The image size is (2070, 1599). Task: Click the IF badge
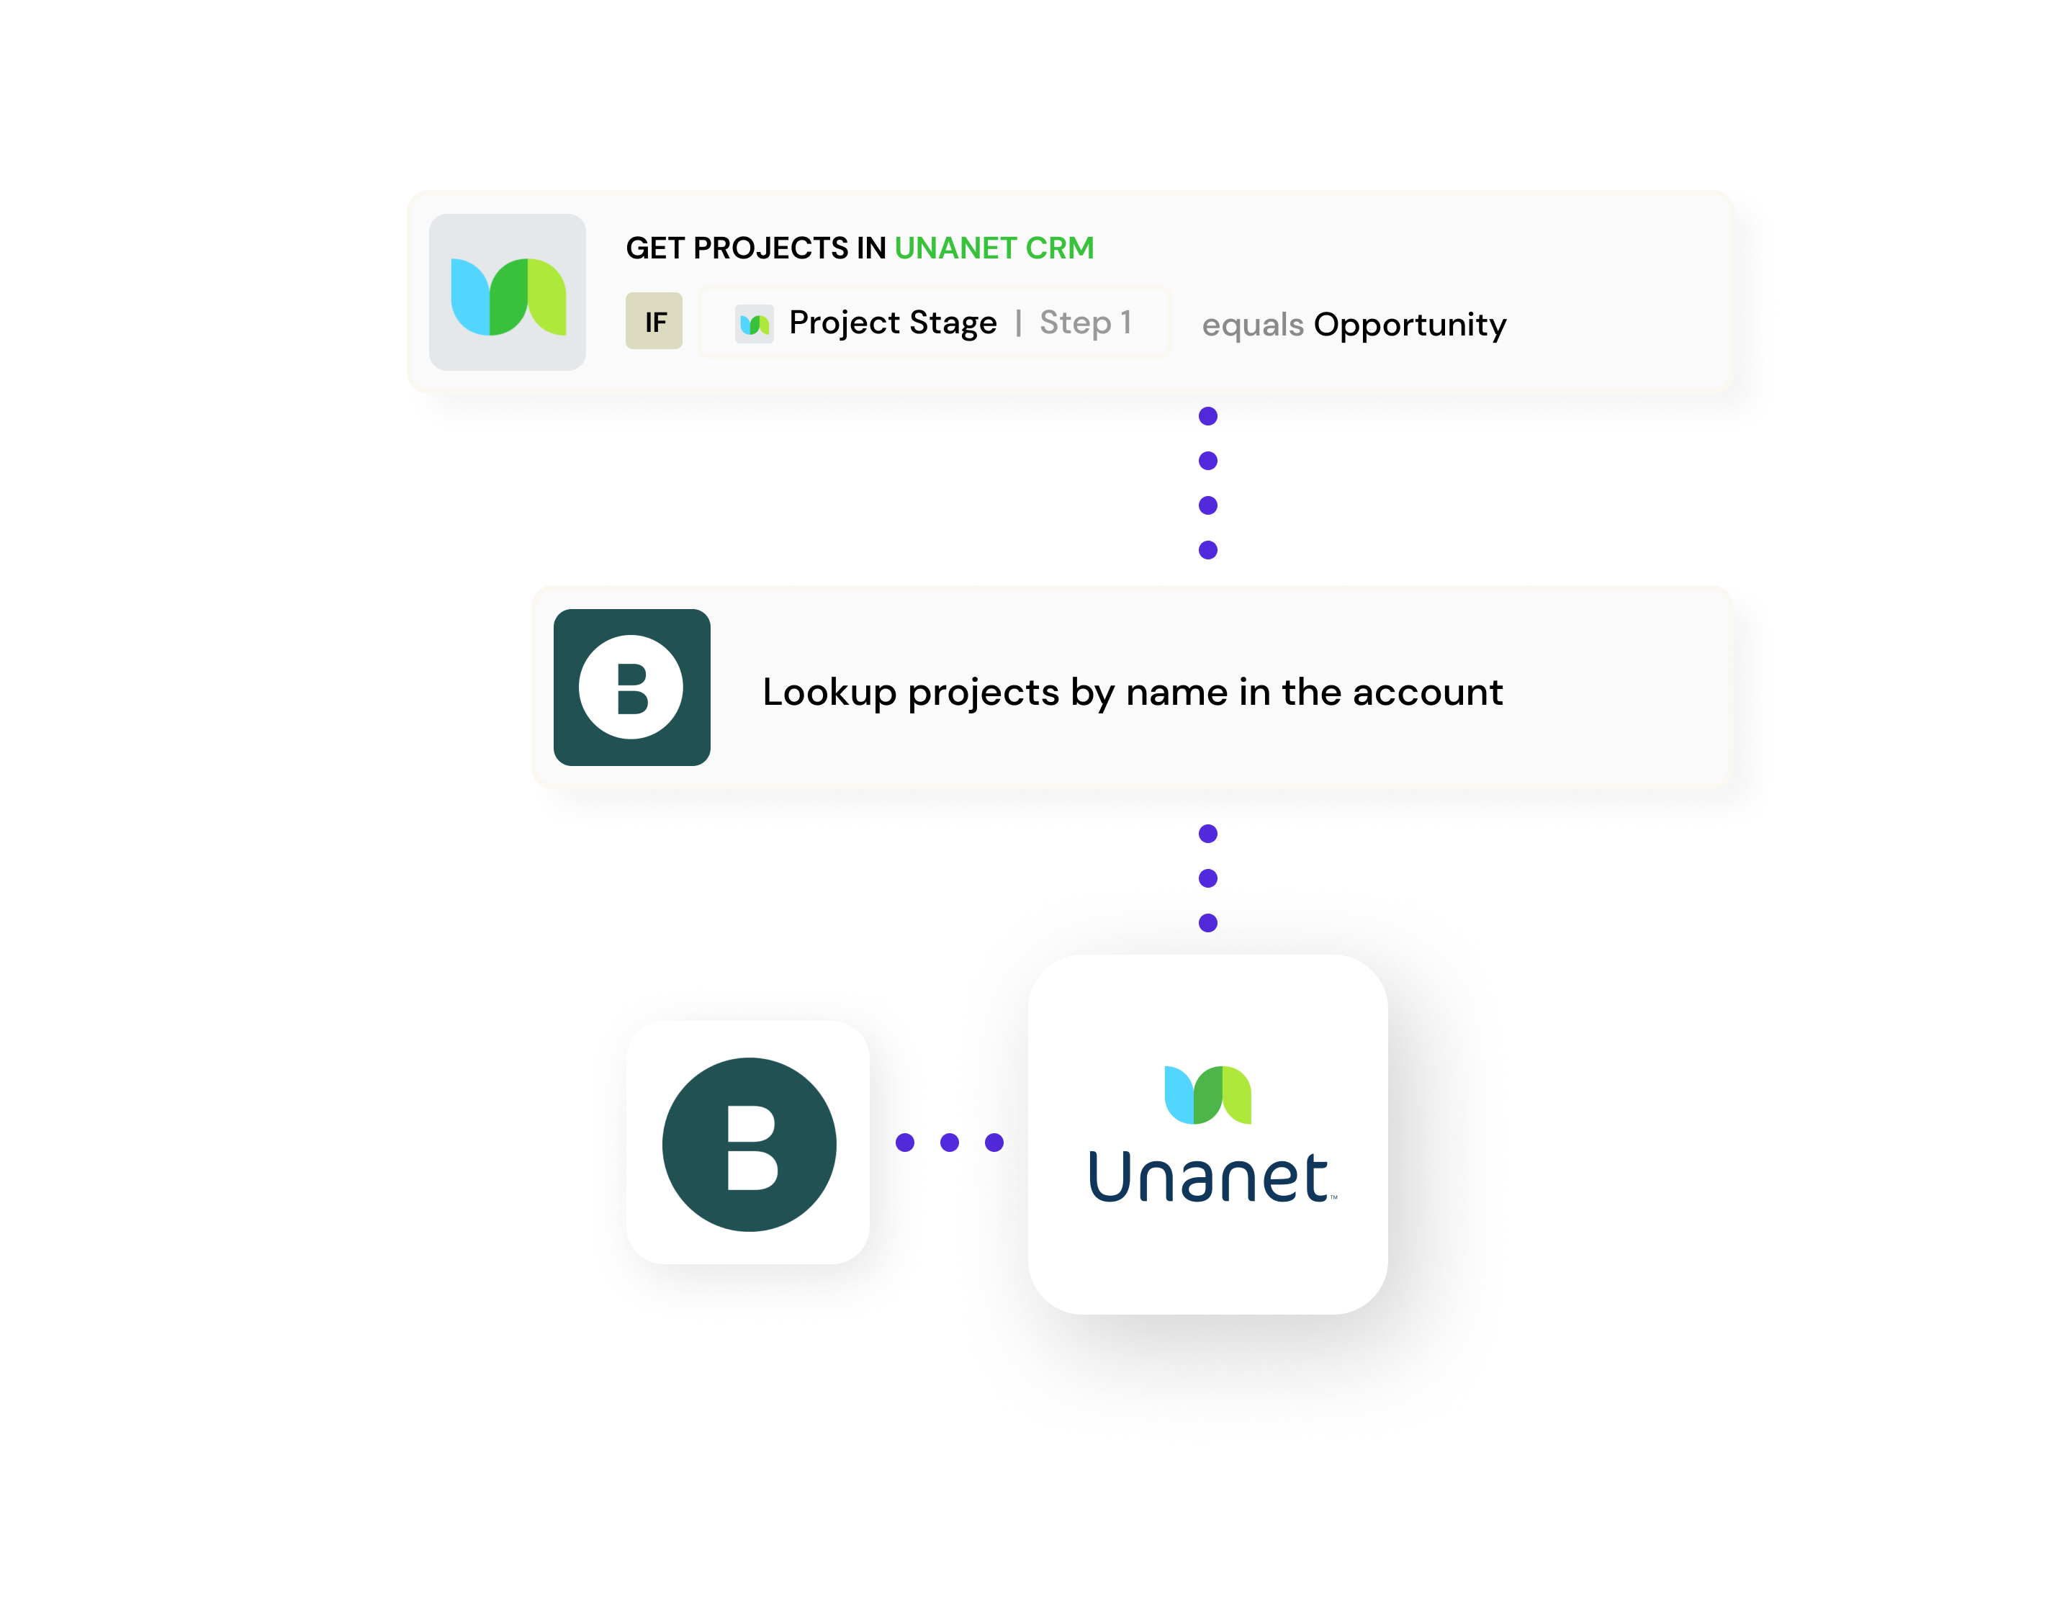tap(654, 321)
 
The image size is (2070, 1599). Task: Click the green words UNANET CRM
tap(994, 248)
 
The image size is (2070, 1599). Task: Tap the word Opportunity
tap(1409, 325)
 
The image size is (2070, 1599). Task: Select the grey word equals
tap(1252, 325)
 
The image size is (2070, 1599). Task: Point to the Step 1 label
tap(1085, 323)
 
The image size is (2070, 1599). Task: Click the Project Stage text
tap(892, 323)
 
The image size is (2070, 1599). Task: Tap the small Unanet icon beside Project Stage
tap(755, 324)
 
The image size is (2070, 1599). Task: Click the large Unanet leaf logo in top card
tap(508, 293)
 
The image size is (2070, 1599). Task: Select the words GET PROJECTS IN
tap(755, 248)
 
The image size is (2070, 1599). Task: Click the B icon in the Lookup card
tap(631, 687)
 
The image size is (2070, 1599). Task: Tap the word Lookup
tap(829, 693)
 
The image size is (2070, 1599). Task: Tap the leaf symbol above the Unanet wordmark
tap(1207, 1095)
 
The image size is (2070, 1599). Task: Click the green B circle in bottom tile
tap(749, 1144)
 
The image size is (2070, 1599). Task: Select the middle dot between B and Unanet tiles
tap(950, 1142)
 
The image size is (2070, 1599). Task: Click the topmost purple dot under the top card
tap(1207, 416)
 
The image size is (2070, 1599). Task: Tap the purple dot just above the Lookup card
tap(1207, 550)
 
